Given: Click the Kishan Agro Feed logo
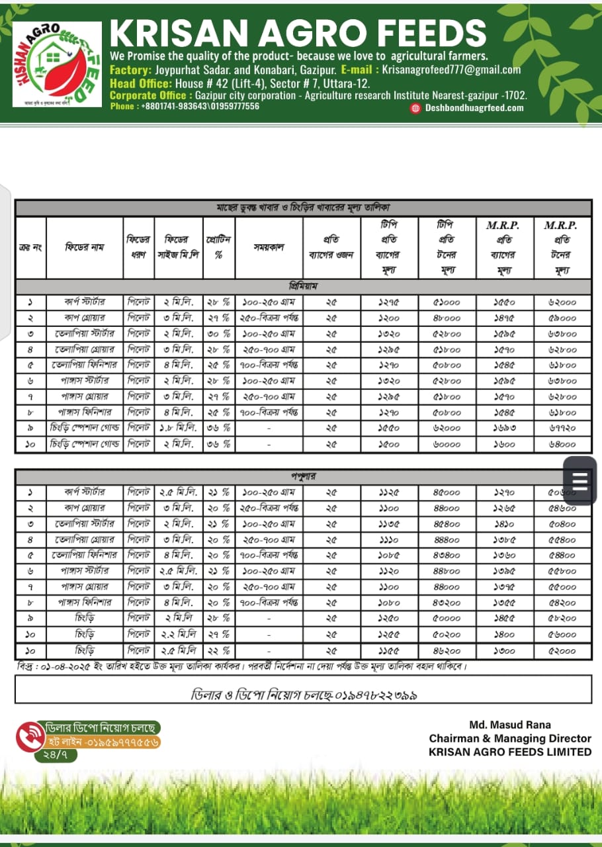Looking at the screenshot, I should [x=57, y=64].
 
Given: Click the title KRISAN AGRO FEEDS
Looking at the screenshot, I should [x=298, y=32].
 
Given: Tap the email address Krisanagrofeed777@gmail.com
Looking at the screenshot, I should [x=452, y=69].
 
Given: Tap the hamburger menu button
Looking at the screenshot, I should [x=580, y=480].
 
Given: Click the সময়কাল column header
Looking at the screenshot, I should [x=269, y=247].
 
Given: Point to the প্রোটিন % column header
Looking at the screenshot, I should [x=218, y=247].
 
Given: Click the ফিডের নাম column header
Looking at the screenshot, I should [x=85, y=247].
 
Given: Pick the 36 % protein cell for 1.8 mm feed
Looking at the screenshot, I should [x=218, y=428].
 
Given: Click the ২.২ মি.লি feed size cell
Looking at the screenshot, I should [x=177, y=635].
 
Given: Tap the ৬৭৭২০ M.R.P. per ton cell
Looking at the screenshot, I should [x=560, y=428].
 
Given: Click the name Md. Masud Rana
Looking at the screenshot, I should [x=510, y=725].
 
